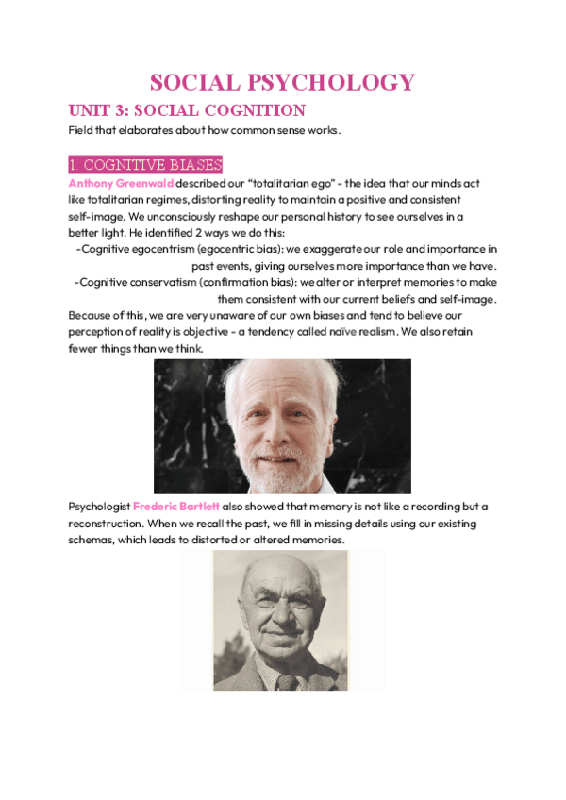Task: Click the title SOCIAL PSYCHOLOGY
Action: pyautogui.click(x=283, y=82)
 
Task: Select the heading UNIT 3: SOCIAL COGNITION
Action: pyautogui.click(x=187, y=110)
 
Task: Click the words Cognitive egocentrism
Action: pyautogui.click(x=141, y=249)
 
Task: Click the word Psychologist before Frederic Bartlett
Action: pyautogui.click(x=99, y=507)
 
